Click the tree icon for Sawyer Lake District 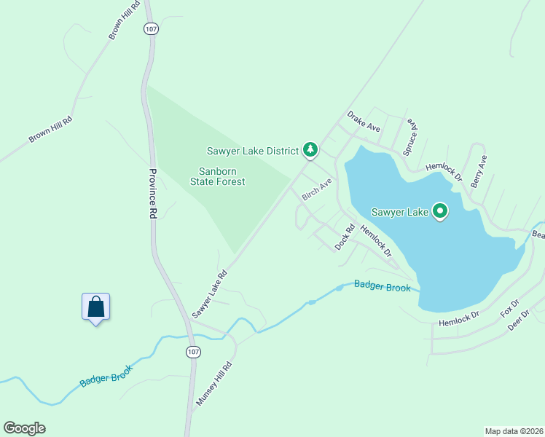(310, 150)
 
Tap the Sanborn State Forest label (218, 176)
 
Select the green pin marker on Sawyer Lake (440, 211)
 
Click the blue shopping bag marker (95, 307)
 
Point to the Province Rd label (153, 194)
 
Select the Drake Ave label (364, 122)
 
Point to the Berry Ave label (479, 171)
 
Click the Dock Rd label (345, 237)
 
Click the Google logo (24, 428)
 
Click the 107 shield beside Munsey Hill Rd (192, 352)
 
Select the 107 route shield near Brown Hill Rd (151, 28)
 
